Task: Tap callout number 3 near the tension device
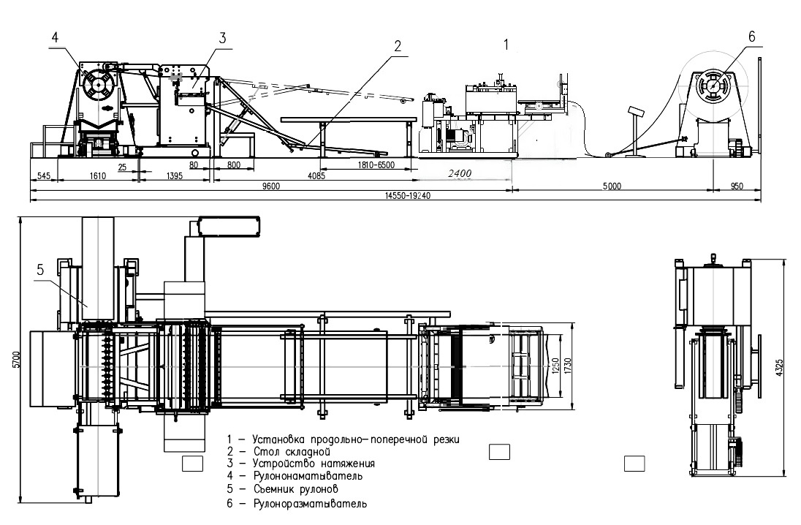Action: point(223,38)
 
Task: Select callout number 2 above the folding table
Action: point(398,45)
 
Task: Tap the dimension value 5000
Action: point(612,186)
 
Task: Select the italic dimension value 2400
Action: point(460,173)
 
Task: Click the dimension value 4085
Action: point(315,175)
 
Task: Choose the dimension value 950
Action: point(737,186)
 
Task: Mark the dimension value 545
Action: point(43,175)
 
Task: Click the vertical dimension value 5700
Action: point(15,360)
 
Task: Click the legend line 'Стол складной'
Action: point(281,452)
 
